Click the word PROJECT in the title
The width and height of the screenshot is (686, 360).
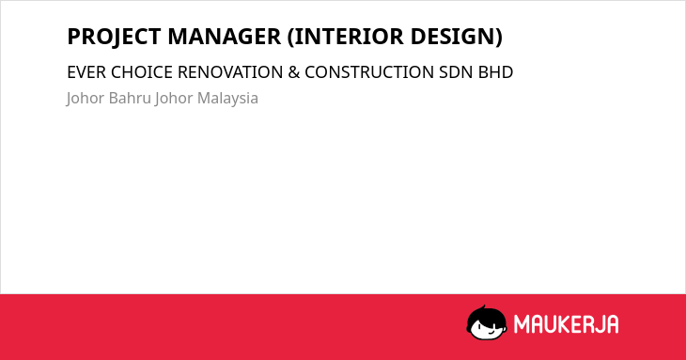click(x=115, y=37)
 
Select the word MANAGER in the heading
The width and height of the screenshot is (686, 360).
click(x=224, y=37)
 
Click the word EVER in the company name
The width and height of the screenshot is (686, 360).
click(x=86, y=72)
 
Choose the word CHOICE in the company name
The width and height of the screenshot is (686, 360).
click(x=142, y=72)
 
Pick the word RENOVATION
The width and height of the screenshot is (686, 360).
click(x=230, y=72)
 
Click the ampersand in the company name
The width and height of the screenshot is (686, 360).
click(x=294, y=72)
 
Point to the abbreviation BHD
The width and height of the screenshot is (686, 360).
click(x=495, y=72)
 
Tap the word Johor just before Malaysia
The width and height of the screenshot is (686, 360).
click(x=174, y=98)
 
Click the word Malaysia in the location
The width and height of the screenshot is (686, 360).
click(x=228, y=99)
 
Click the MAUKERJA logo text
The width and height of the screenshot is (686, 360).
click(x=566, y=324)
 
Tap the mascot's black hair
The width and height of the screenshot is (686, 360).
click(x=486, y=315)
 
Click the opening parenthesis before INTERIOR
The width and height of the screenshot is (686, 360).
click(x=290, y=37)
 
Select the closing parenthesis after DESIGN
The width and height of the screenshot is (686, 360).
click(x=499, y=37)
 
